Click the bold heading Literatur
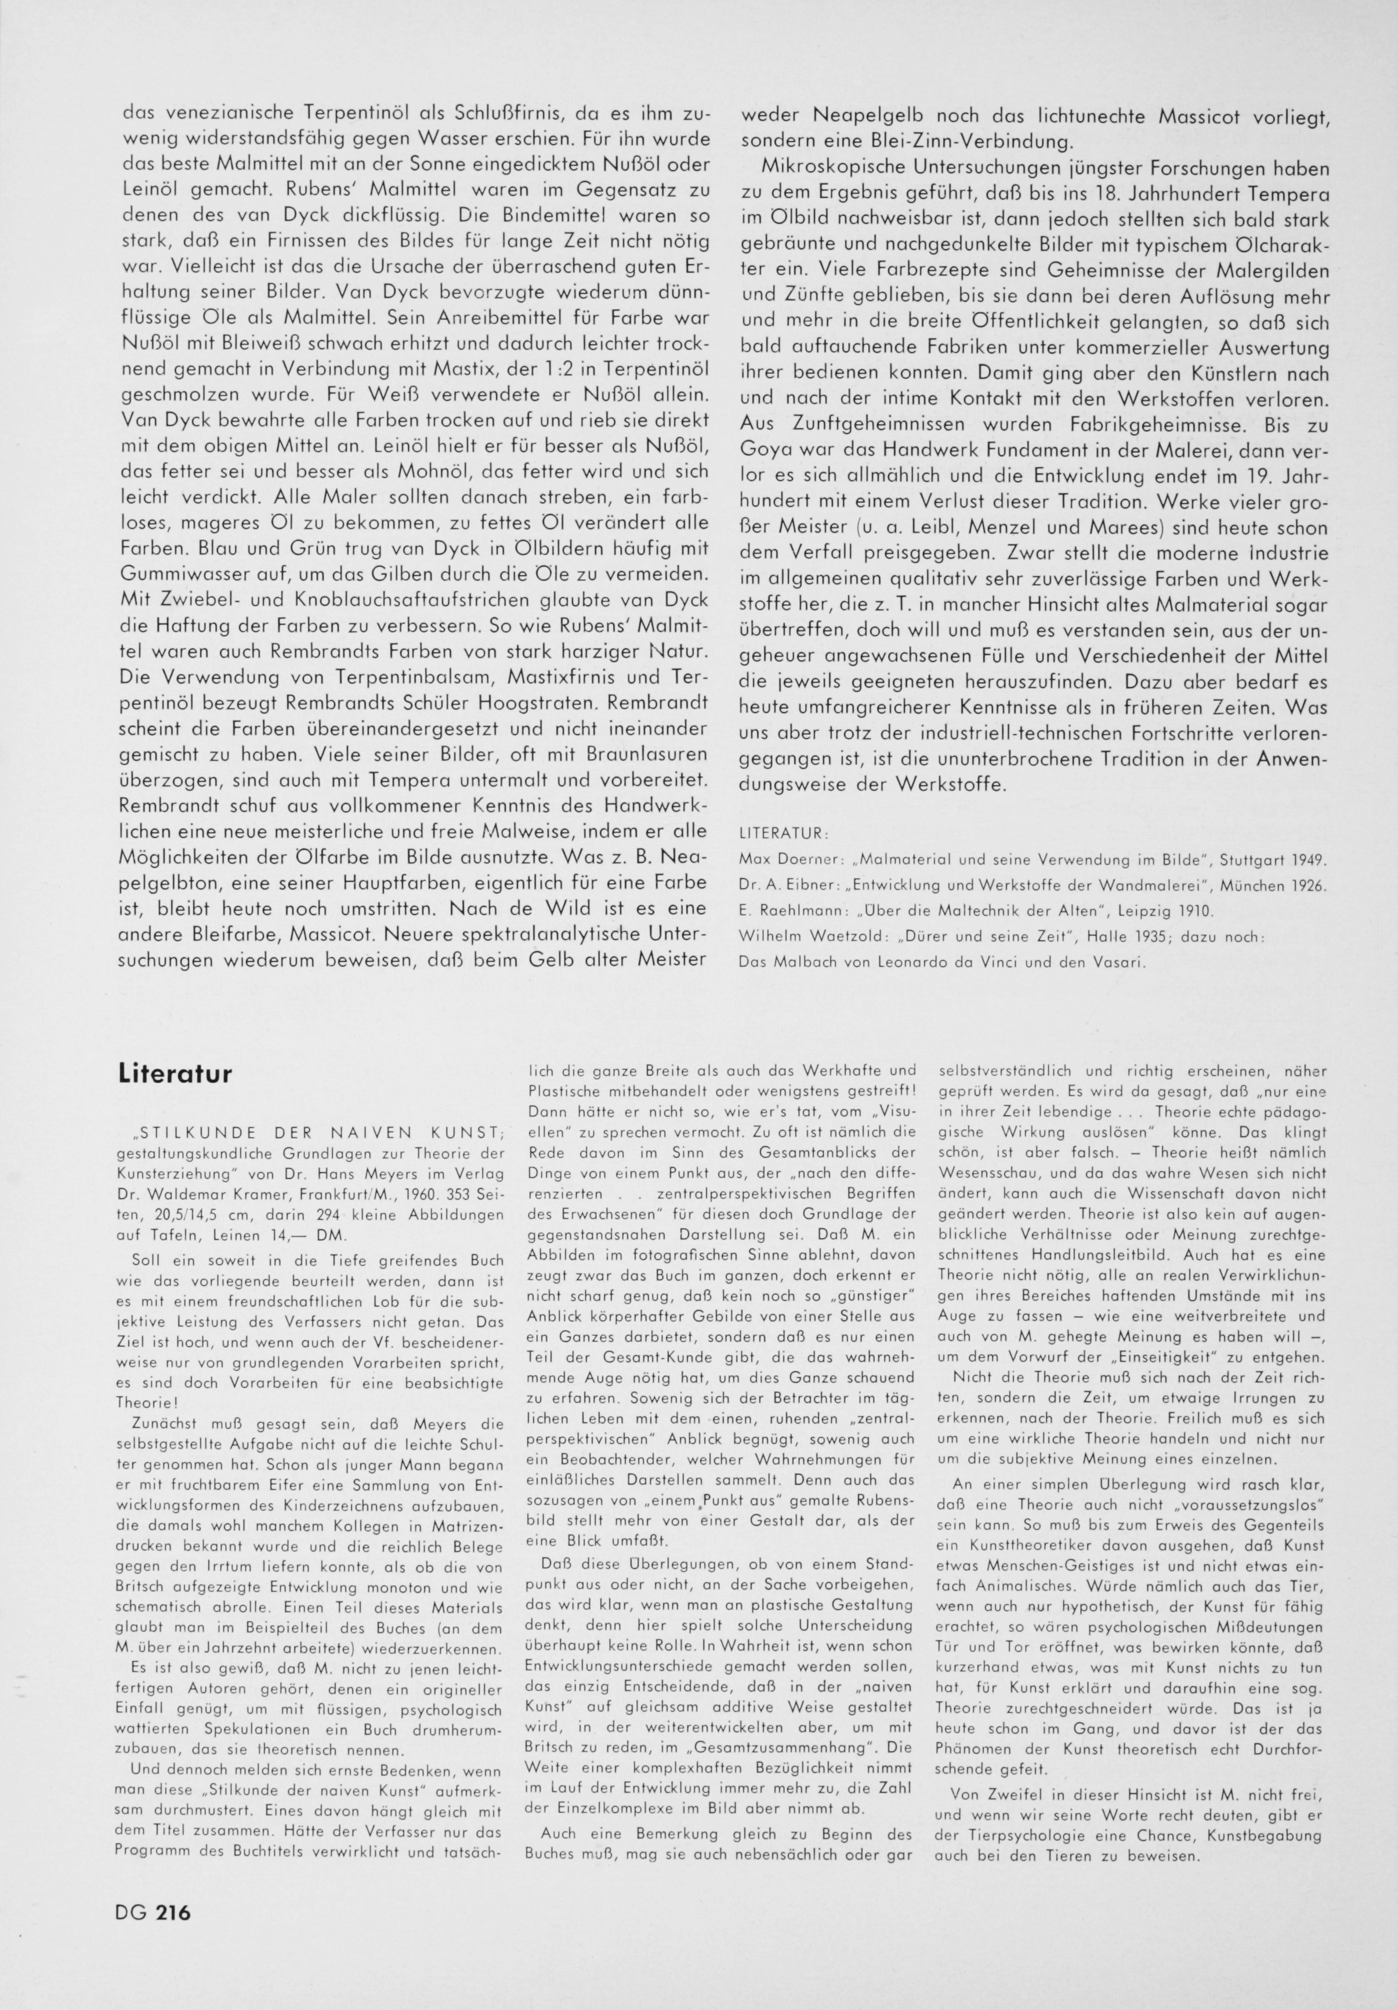click(175, 1073)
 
